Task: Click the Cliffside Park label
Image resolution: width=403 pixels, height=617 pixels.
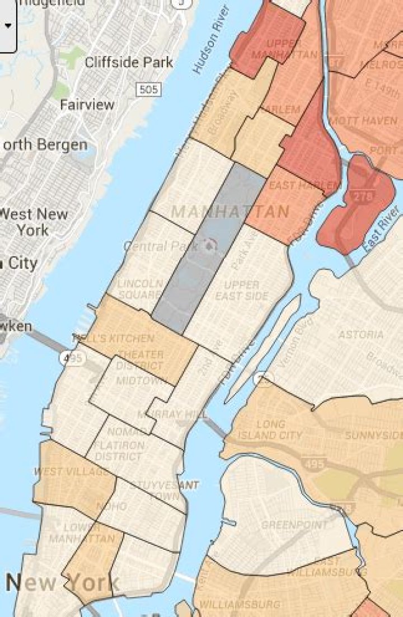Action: coord(129,62)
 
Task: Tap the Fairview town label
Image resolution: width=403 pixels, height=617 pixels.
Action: coord(87,105)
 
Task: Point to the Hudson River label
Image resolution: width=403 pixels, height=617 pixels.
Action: coord(211,40)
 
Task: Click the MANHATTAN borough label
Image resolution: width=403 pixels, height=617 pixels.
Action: coord(230,212)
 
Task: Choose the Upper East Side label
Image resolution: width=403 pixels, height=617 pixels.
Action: coord(242,290)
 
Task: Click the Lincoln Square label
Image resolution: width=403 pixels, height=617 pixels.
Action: coord(140,289)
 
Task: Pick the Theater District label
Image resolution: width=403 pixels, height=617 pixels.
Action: coord(140,360)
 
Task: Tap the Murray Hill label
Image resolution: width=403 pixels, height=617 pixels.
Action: coord(172,414)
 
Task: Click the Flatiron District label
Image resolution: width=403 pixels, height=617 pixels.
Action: coord(119,451)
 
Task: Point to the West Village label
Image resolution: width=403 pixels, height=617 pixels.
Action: coord(71,471)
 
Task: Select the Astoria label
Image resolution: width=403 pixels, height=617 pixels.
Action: coord(361,334)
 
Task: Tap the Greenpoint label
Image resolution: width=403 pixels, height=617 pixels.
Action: coord(294,525)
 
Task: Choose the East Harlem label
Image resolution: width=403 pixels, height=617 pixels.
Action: coord(304,185)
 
